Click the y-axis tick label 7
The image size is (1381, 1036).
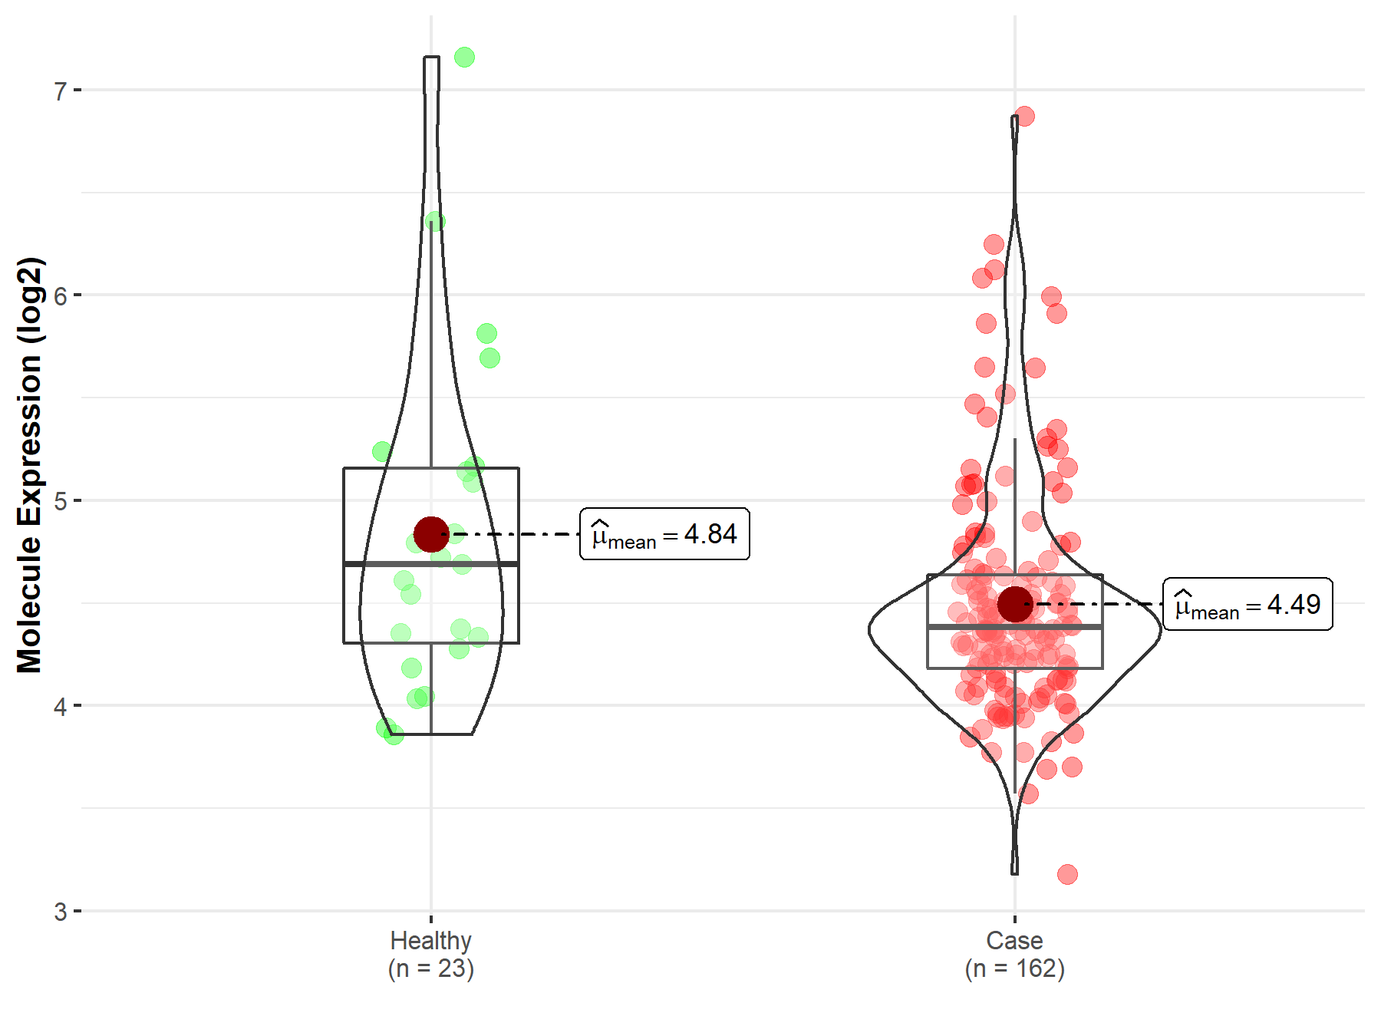tap(60, 91)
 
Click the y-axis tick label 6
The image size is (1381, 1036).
tap(60, 296)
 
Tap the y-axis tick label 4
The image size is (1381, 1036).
tap(60, 707)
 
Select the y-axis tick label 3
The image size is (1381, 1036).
tap(60, 912)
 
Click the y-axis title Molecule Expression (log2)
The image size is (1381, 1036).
tap(29, 465)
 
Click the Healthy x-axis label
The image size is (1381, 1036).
tap(430, 941)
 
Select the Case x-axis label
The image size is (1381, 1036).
tap(1014, 941)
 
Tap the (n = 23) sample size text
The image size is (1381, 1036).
tap(430, 969)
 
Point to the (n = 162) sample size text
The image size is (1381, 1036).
tap(1014, 969)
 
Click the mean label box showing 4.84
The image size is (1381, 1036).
tap(664, 534)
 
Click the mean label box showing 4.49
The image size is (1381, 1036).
tap(1248, 605)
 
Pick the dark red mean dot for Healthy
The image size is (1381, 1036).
tap(431, 534)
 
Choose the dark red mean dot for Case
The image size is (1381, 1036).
tap(1015, 605)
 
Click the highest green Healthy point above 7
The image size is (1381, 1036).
tap(464, 58)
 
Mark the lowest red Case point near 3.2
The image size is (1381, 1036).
tap(1067, 874)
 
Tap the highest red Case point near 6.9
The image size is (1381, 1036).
tap(1024, 117)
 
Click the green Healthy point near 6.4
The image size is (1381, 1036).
tap(435, 222)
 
